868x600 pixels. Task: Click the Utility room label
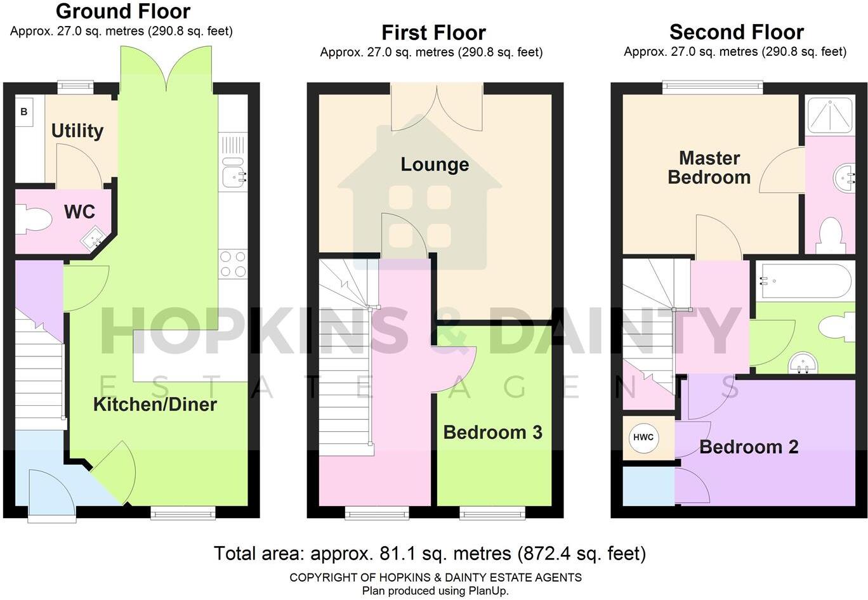pos(77,131)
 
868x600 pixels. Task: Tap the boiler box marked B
pos(24,112)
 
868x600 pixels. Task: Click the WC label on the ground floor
pos(79,212)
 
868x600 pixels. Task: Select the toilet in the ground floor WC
pos(33,219)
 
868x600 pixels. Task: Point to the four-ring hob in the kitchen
pos(232,264)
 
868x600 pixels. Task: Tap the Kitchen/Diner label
pos(155,405)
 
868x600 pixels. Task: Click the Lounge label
pos(435,165)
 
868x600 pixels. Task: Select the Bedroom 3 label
pos(492,433)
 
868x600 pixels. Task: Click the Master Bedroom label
pos(709,167)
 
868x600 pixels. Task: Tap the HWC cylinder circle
pos(643,437)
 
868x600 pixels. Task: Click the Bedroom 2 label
pos(749,447)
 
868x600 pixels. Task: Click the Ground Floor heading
pos(123,11)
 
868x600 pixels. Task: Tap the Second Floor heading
pos(736,32)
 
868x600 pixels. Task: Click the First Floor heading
pos(433,32)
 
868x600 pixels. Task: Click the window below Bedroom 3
pos(492,512)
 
